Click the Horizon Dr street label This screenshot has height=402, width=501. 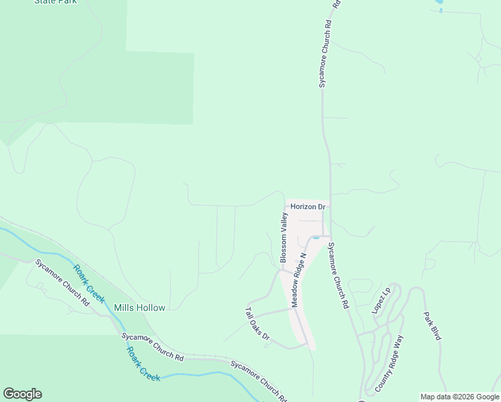click(x=307, y=207)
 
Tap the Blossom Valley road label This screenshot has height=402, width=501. click(x=284, y=238)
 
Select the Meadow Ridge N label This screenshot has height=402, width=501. click(x=298, y=280)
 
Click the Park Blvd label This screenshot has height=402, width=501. click(x=432, y=326)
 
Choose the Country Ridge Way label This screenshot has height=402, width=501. click(x=389, y=364)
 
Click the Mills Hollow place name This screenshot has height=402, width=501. click(x=139, y=308)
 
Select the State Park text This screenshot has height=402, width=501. click(x=56, y=2)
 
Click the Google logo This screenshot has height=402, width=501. click(x=22, y=394)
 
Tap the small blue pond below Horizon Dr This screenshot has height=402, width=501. click(x=316, y=237)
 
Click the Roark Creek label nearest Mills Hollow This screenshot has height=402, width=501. click(x=89, y=283)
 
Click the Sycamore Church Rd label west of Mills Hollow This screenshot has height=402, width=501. click(x=62, y=282)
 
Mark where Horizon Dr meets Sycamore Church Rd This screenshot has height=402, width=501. click(x=329, y=207)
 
